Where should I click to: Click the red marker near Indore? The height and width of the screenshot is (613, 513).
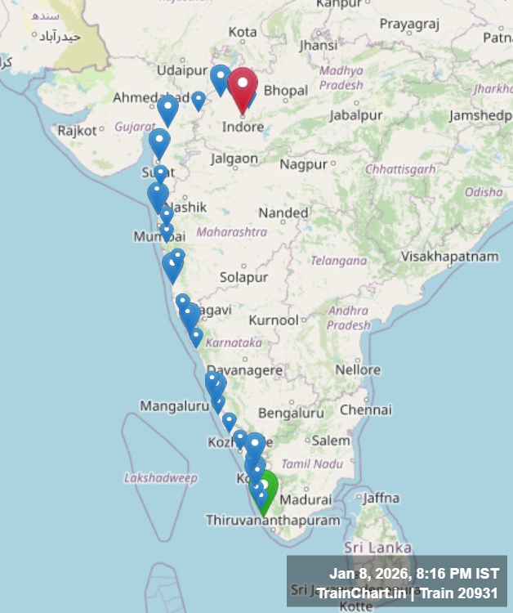coord(243,89)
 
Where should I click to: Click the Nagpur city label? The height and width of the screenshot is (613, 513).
coord(303,164)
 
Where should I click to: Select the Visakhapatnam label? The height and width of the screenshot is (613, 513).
coord(449,257)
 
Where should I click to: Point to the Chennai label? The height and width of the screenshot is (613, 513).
coord(366,409)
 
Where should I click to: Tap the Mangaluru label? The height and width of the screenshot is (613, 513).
coord(175,405)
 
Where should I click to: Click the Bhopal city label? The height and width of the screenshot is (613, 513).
coord(286,91)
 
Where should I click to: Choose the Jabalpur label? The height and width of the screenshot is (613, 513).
coord(356,116)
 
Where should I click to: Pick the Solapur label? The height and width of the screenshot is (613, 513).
coord(244,278)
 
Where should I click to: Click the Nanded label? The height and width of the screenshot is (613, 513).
coord(283,213)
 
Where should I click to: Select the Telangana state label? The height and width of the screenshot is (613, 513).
coord(339,261)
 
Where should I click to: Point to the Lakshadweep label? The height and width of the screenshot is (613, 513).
coord(161,477)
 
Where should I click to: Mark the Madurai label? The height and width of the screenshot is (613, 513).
coord(309,499)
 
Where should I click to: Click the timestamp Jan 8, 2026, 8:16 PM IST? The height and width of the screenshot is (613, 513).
coord(414,574)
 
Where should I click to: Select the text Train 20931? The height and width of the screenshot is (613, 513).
coord(462,593)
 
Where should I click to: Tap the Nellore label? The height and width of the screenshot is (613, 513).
coord(358,370)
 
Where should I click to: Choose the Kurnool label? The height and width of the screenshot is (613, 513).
coord(274,320)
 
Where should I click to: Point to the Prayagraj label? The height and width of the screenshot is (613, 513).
coord(404,25)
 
